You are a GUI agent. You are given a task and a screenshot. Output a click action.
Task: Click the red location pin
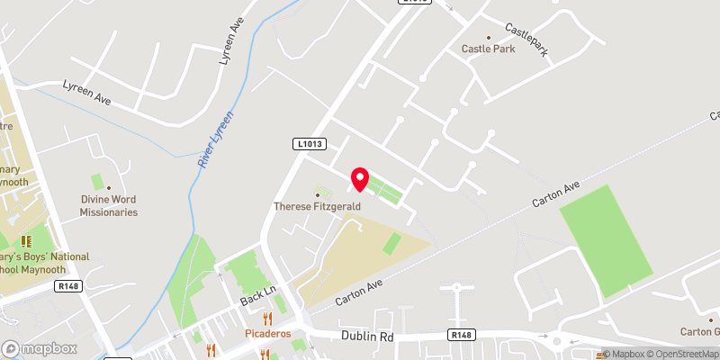point(360,179)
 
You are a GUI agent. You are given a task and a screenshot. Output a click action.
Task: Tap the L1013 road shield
point(308,143)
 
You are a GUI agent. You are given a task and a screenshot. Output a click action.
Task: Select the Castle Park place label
point(488,49)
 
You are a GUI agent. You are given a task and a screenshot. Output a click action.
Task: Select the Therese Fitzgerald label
point(318,206)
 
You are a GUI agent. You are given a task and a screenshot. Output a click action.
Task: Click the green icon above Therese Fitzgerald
point(318,192)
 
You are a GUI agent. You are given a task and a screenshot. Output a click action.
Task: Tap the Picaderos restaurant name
point(266,333)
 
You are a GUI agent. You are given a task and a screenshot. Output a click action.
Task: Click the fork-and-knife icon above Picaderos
point(266,319)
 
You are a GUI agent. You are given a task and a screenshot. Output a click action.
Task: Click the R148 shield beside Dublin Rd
point(461,335)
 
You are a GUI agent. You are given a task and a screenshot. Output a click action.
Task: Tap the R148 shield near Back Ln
point(68,286)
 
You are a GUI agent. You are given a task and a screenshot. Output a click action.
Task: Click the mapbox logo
point(39,348)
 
